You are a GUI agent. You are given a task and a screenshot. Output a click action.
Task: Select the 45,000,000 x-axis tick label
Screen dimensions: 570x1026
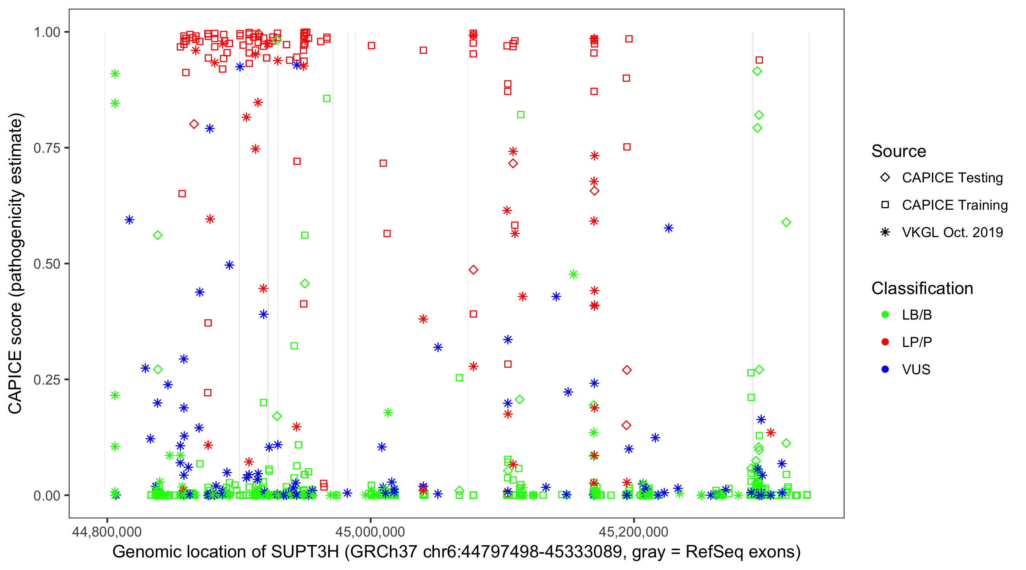coord(370,531)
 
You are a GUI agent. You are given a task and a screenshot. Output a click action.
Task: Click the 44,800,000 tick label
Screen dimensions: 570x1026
coord(106,531)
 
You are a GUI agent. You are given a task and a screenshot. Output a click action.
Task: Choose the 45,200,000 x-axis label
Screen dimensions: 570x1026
coord(633,531)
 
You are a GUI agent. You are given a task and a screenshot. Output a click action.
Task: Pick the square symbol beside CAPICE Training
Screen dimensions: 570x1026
coord(885,205)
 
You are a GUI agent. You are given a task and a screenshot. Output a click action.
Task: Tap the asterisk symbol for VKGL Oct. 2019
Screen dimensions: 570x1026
coord(885,232)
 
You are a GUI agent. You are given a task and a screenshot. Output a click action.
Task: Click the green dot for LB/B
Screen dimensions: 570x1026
coord(885,315)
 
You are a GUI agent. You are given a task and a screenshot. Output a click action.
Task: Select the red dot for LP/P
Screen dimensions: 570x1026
coord(885,342)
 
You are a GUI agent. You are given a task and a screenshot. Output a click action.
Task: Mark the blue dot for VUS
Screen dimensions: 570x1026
coord(885,369)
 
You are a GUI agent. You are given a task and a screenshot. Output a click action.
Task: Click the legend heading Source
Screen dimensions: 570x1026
coord(899,151)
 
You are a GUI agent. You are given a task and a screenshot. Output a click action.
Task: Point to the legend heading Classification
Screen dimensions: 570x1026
coord(922,288)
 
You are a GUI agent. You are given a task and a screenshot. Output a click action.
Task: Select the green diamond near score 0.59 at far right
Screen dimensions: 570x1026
coord(786,222)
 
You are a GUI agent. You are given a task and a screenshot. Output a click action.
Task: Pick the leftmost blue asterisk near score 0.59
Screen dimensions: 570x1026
coord(129,220)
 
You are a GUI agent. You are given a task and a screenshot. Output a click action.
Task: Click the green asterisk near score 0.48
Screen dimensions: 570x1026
coord(573,274)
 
